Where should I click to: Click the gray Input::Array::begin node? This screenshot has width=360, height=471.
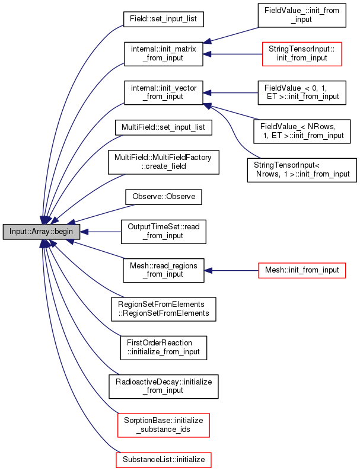(x=42, y=232)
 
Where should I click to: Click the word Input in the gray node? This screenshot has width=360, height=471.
(x=18, y=232)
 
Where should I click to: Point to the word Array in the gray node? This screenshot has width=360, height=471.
(x=40, y=232)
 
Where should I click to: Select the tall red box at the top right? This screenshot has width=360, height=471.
(x=302, y=54)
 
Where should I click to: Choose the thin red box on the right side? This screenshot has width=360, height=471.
(x=302, y=271)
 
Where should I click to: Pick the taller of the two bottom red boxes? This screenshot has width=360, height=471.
(x=164, y=425)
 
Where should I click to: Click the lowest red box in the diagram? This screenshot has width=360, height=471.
(x=164, y=460)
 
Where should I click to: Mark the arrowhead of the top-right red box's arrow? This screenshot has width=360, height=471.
(x=207, y=54)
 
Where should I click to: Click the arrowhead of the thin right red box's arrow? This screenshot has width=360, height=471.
(x=208, y=271)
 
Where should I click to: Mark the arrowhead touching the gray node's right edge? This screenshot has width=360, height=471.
(x=84, y=232)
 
